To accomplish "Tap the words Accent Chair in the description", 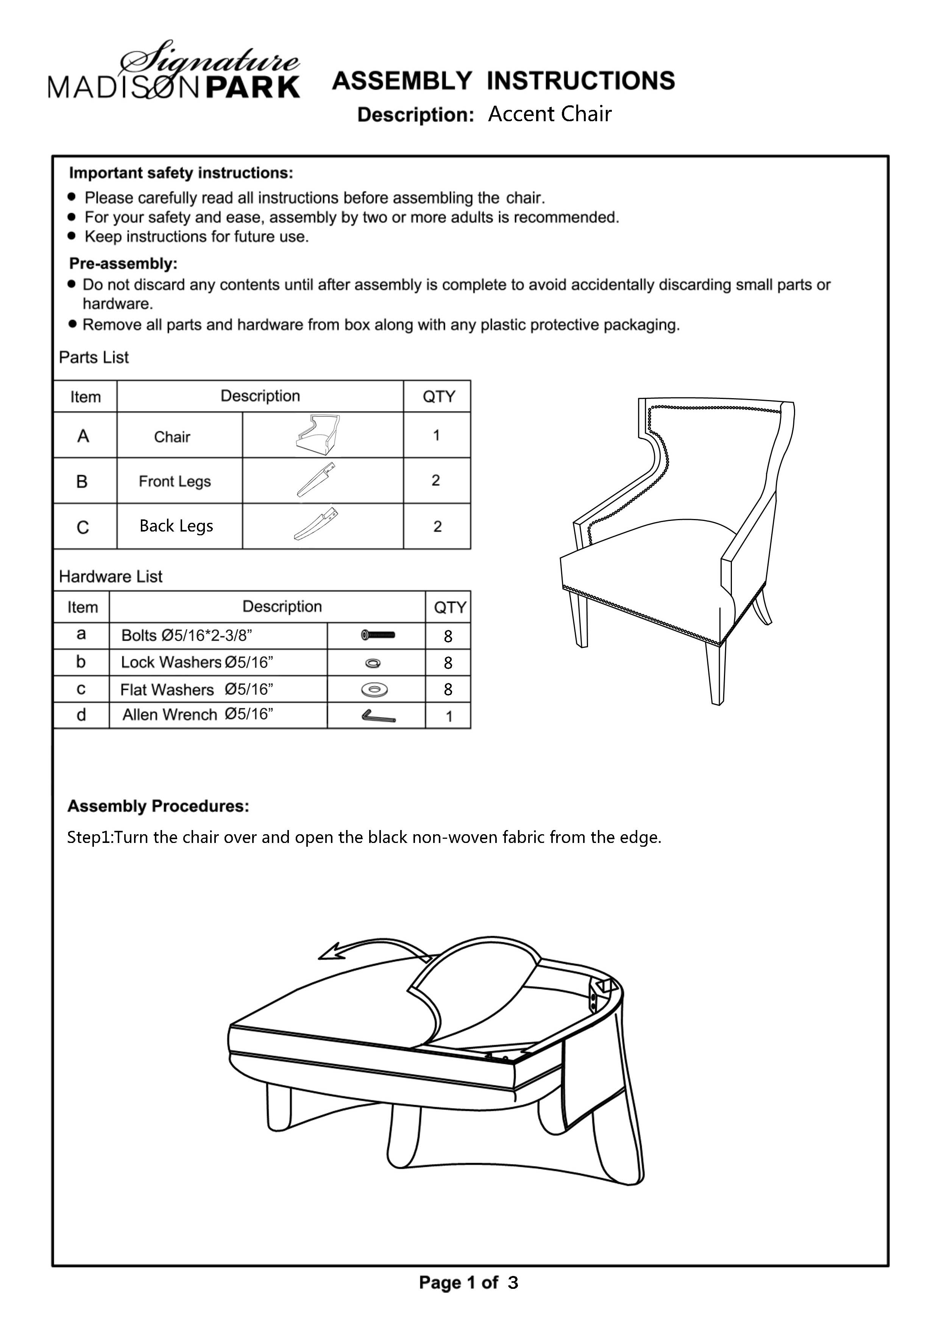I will (550, 114).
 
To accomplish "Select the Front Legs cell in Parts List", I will (175, 481).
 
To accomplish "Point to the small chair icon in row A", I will (318, 434).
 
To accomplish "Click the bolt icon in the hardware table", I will (378, 635).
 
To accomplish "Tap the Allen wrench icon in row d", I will (378, 717).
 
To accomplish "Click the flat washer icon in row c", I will (374, 690).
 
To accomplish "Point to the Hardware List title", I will (111, 577).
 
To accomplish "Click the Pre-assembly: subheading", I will (123, 264).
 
